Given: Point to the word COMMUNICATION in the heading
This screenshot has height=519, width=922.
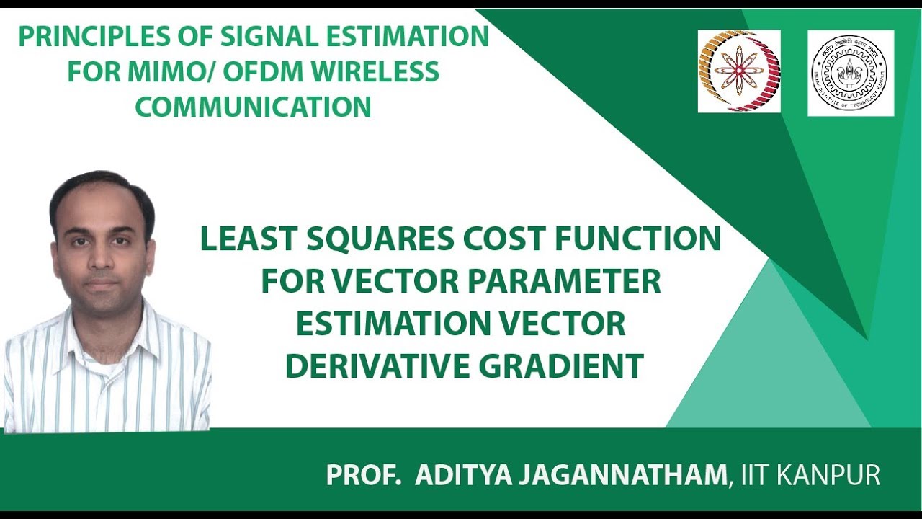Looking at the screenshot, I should pyautogui.click(x=253, y=107).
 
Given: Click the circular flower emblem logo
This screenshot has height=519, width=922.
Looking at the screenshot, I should pyautogui.click(x=738, y=71).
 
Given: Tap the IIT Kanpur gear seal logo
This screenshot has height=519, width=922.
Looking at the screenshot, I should pyautogui.click(x=851, y=73).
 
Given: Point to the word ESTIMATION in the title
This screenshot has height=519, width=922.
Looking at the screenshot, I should pyautogui.click(x=390, y=324).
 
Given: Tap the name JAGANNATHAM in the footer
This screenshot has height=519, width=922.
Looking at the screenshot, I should pyautogui.click(x=626, y=476).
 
